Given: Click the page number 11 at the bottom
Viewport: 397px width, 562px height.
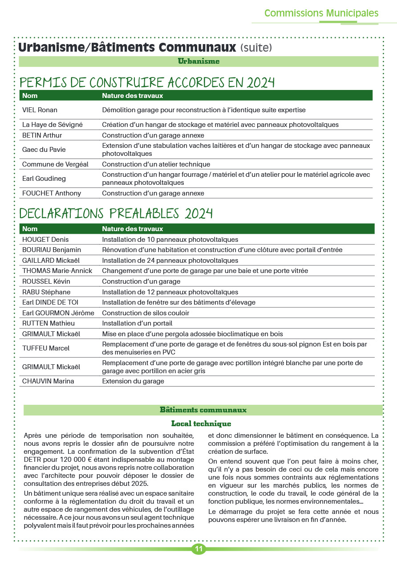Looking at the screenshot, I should pyautogui.click(x=198, y=549).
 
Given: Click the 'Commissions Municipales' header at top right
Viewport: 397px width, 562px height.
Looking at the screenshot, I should pyautogui.click(x=321, y=13).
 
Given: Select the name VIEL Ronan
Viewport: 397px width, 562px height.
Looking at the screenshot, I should pyautogui.click(x=40, y=110).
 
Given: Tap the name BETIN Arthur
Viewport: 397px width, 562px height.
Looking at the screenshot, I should pyautogui.click(x=42, y=135).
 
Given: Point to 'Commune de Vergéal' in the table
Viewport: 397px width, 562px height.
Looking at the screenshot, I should pyautogui.click(x=55, y=164).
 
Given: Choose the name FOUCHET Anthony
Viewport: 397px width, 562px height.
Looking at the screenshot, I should pyautogui.click(x=52, y=193).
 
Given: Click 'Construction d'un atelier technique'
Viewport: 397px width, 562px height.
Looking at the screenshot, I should pyautogui.click(x=156, y=164).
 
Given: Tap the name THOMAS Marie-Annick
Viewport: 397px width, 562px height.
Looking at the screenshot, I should pyautogui.click(x=57, y=271).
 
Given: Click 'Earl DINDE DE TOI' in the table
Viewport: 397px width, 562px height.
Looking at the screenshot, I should pyautogui.click(x=50, y=302).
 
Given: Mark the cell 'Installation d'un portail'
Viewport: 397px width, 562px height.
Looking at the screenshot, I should pyautogui.click(x=137, y=323).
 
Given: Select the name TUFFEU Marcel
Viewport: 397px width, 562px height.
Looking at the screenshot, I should pyautogui.click(x=46, y=348).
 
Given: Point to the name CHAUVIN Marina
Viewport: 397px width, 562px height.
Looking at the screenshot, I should pyautogui.click(x=48, y=381).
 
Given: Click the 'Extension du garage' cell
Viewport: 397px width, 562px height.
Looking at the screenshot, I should pyautogui.click(x=133, y=381).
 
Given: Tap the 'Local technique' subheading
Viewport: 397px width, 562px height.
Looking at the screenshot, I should pyautogui.click(x=201, y=424).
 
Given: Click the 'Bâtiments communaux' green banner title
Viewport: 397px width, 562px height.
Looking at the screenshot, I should pyautogui.click(x=203, y=410).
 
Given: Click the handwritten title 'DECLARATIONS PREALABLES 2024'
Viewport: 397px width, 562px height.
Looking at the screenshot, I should pyautogui.click(x=116, y=214).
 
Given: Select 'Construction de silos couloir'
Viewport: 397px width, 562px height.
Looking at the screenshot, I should pyautogui.click(x=146, y=313).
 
